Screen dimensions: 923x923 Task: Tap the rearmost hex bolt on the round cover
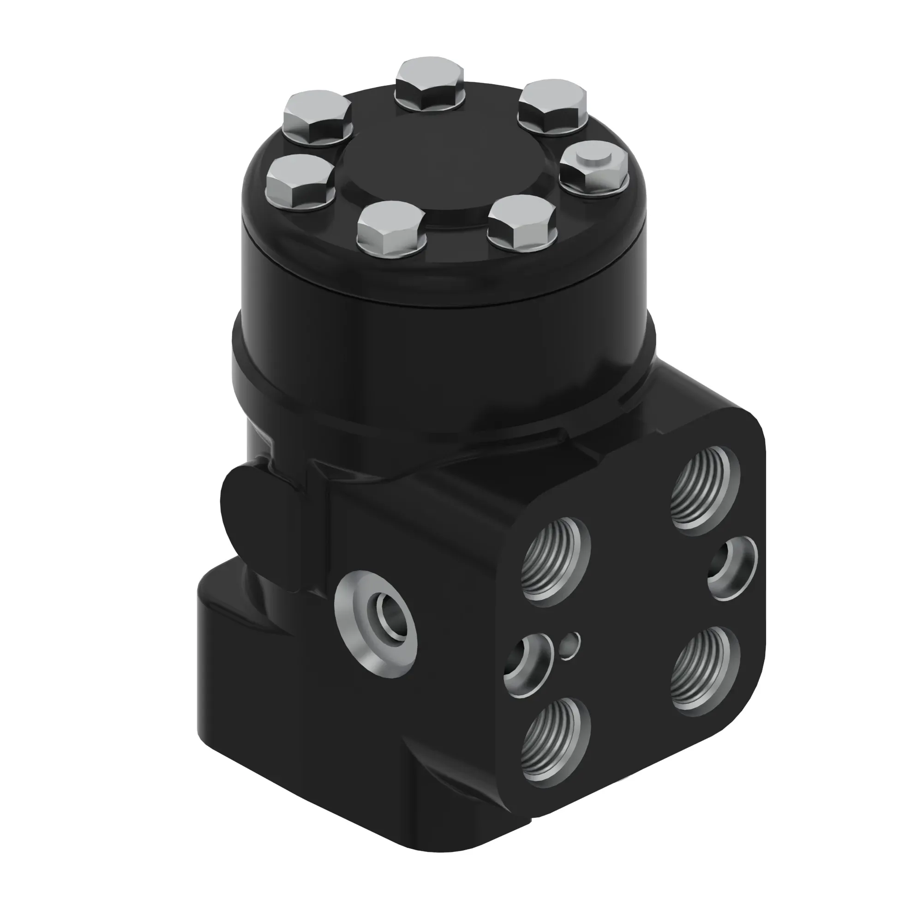click(430, 86)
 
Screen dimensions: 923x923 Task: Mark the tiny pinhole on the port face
click(569, 646)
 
